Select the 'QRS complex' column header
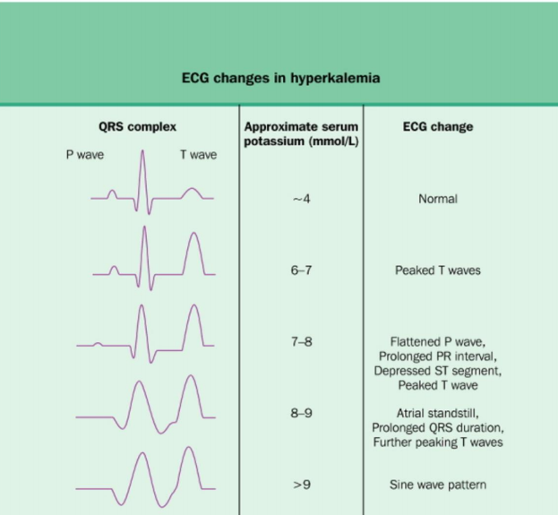point(138,126)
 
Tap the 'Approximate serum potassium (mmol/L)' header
point(301,133)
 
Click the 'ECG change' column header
point(438,126)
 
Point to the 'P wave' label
point(85,155)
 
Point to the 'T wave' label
point(198,155)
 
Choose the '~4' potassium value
point(301,198)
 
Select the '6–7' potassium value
point(301,270)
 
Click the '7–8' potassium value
point(301,342)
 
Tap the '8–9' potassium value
point(301,414)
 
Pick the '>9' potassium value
point(301,485)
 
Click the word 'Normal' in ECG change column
point(438,198)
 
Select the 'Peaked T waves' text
point(438,270)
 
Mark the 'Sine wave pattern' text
point(438,485)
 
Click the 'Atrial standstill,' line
point(438,413)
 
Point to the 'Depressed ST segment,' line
point(438,371)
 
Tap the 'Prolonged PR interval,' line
point(438,356)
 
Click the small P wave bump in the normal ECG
point(112,193)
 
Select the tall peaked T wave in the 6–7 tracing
point(191,251)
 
